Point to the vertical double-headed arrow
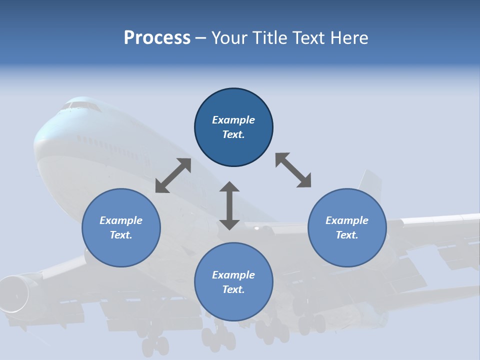pos(229,206)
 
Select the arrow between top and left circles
pos(173,175)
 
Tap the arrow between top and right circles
pos(293,170)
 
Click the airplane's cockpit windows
pos(80,105)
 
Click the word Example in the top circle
pos(233,120)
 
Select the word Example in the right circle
pos(347,220)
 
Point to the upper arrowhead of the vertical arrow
pos(229,187)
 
